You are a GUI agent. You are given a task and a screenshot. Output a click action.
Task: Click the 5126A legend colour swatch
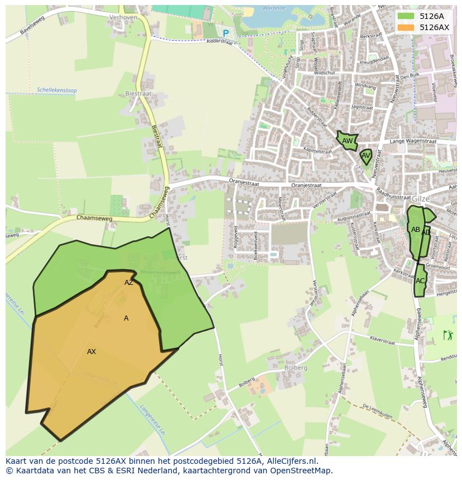click(406, 16)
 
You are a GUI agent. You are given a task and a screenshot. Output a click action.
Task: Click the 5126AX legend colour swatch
click(406, 27)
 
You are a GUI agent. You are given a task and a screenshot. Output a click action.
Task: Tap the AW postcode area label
click(348, 141)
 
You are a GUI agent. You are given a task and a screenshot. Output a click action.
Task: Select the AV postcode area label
click(366, 156)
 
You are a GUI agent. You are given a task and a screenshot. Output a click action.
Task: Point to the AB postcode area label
click(416, 229)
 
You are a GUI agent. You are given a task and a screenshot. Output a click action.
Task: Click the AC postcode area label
click(420, 280)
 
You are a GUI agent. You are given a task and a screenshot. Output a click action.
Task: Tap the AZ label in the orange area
click(129, 282)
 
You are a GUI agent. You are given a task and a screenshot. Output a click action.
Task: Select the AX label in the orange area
click(92, 351)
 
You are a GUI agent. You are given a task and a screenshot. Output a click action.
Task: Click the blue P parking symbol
click(225, 33)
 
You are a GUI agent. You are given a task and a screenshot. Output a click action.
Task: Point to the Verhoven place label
click(123, 17)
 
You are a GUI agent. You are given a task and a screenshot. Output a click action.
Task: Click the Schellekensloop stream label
click(56, 90)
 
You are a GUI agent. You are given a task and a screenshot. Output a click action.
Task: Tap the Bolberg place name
click(295, 367)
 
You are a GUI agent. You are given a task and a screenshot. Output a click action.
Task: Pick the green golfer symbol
click(447, 335)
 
